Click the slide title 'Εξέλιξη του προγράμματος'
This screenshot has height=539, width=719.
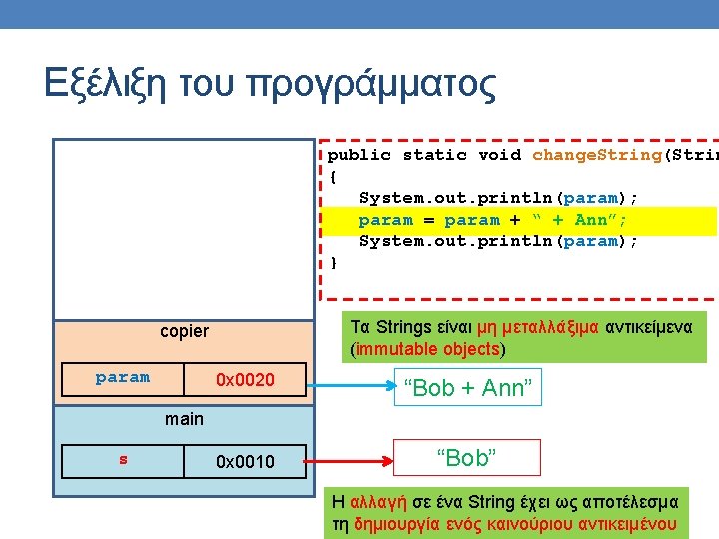(270, 84)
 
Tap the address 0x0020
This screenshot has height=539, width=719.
(245, 380)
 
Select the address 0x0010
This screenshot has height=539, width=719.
(245, 461)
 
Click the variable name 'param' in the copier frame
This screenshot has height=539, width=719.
(122, 378)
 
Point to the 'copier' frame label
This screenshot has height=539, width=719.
(184, 331)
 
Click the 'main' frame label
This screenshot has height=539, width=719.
(184, 419)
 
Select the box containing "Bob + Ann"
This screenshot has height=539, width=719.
(466, 388)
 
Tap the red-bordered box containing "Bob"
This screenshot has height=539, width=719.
(466, 458)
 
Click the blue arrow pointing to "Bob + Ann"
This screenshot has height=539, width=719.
(350, 380)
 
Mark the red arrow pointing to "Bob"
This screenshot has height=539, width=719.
(350, 461)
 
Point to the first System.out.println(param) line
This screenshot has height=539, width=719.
(498, 198)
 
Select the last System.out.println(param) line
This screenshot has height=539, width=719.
(498, 242)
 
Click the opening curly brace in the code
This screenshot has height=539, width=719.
(333, 177)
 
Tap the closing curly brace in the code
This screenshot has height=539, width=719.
(333, 263)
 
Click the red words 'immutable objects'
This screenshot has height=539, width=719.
(427, 349)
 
